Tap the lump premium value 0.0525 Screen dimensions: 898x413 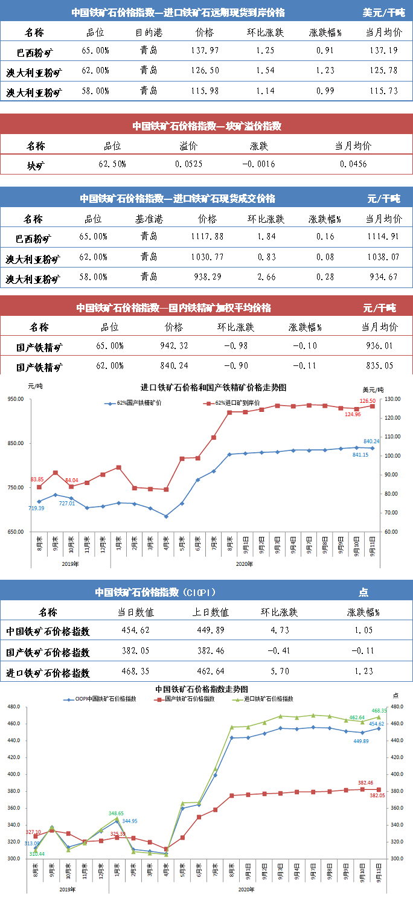pyautogui.click(x=188, y=164)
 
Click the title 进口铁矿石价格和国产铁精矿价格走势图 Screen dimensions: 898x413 pyautogui.click(x=213, y=387)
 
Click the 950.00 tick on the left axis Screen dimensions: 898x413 pyautogui.click(x=15, y=399)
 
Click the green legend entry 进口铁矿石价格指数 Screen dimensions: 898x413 pyautogui.click(x=269, y=699)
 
